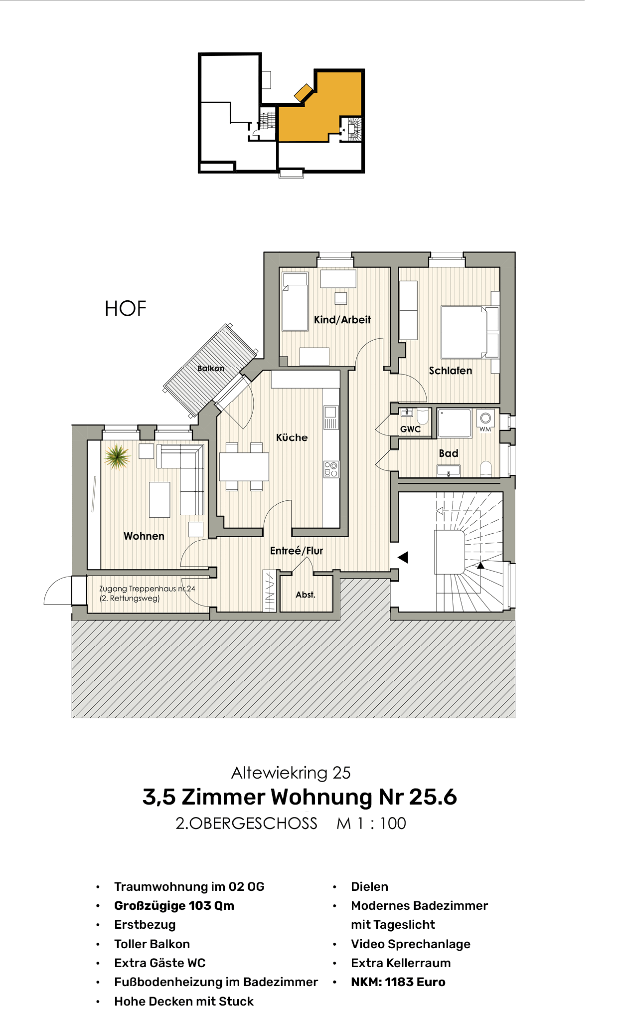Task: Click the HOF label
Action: (x=126, y=309)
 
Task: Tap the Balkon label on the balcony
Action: (x=211, y=369)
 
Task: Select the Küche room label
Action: (x=292, y=437)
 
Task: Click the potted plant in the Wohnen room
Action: (x=117, y=456)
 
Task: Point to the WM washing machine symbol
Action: (x=485, y=420)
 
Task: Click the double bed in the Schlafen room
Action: (x=463, y=332)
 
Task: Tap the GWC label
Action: (x=410, y=429)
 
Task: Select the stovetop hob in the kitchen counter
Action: (x=330, y=469)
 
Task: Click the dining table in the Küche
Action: (x=244, y=466)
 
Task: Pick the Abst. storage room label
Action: (x=306, y=595)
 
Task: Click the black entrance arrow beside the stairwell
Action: (x=403, y=557)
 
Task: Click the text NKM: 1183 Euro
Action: (x=398, y=982)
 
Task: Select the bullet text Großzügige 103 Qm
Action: (x=174, y=905)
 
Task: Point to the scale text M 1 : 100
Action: (x=371, y=823)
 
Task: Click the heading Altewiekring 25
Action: (x=291, y=773)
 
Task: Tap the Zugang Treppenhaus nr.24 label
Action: (x=147, y=589)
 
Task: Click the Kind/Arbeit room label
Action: (x=342, y=320)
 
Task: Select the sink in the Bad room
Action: (x=448, y=470)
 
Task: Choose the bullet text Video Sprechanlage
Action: (x=410, y=944)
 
